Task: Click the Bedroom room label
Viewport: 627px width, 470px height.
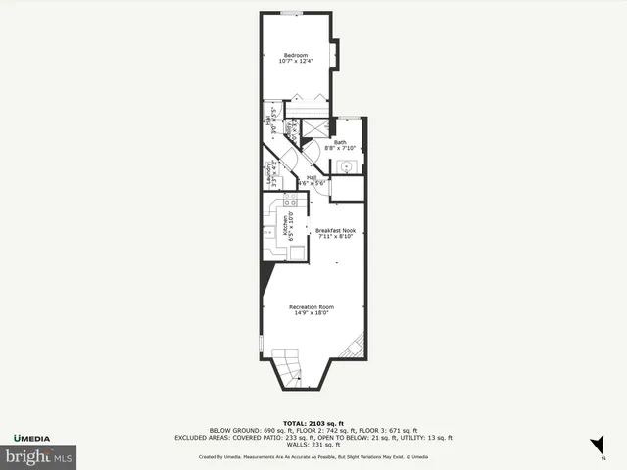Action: pyautogui.click(x=296, y=54)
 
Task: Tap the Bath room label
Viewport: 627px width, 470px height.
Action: pyautogui.click(x=340, y=143)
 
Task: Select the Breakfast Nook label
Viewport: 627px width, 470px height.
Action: pyautogui.click(x=335, y=231)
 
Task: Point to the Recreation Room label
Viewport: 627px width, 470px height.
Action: pyautogui.click(x=312, y=307)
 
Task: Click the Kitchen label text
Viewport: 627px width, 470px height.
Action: pyautogui.click(x=286, y=228)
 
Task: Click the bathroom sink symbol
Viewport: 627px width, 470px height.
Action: pyautogui.click(x=345, y=166)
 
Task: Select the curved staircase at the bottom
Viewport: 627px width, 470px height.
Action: pyautogui.click(x=287, y=368)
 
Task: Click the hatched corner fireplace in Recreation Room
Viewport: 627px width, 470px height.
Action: pyautogui.click(x=358, y=347)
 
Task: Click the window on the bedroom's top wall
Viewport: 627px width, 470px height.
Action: pyautogui.click(x=290, y=12)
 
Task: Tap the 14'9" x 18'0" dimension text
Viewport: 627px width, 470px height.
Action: pyautogui.click(x=312, y=313)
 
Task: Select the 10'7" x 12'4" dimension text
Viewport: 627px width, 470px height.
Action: pyautogui.click(x=296, y=62)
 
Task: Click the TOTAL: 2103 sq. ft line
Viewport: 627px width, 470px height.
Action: pyautogui.click(x=313, y=423)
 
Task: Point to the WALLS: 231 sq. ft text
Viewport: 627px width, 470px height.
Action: pyautogui.click(x=313, y=445)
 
